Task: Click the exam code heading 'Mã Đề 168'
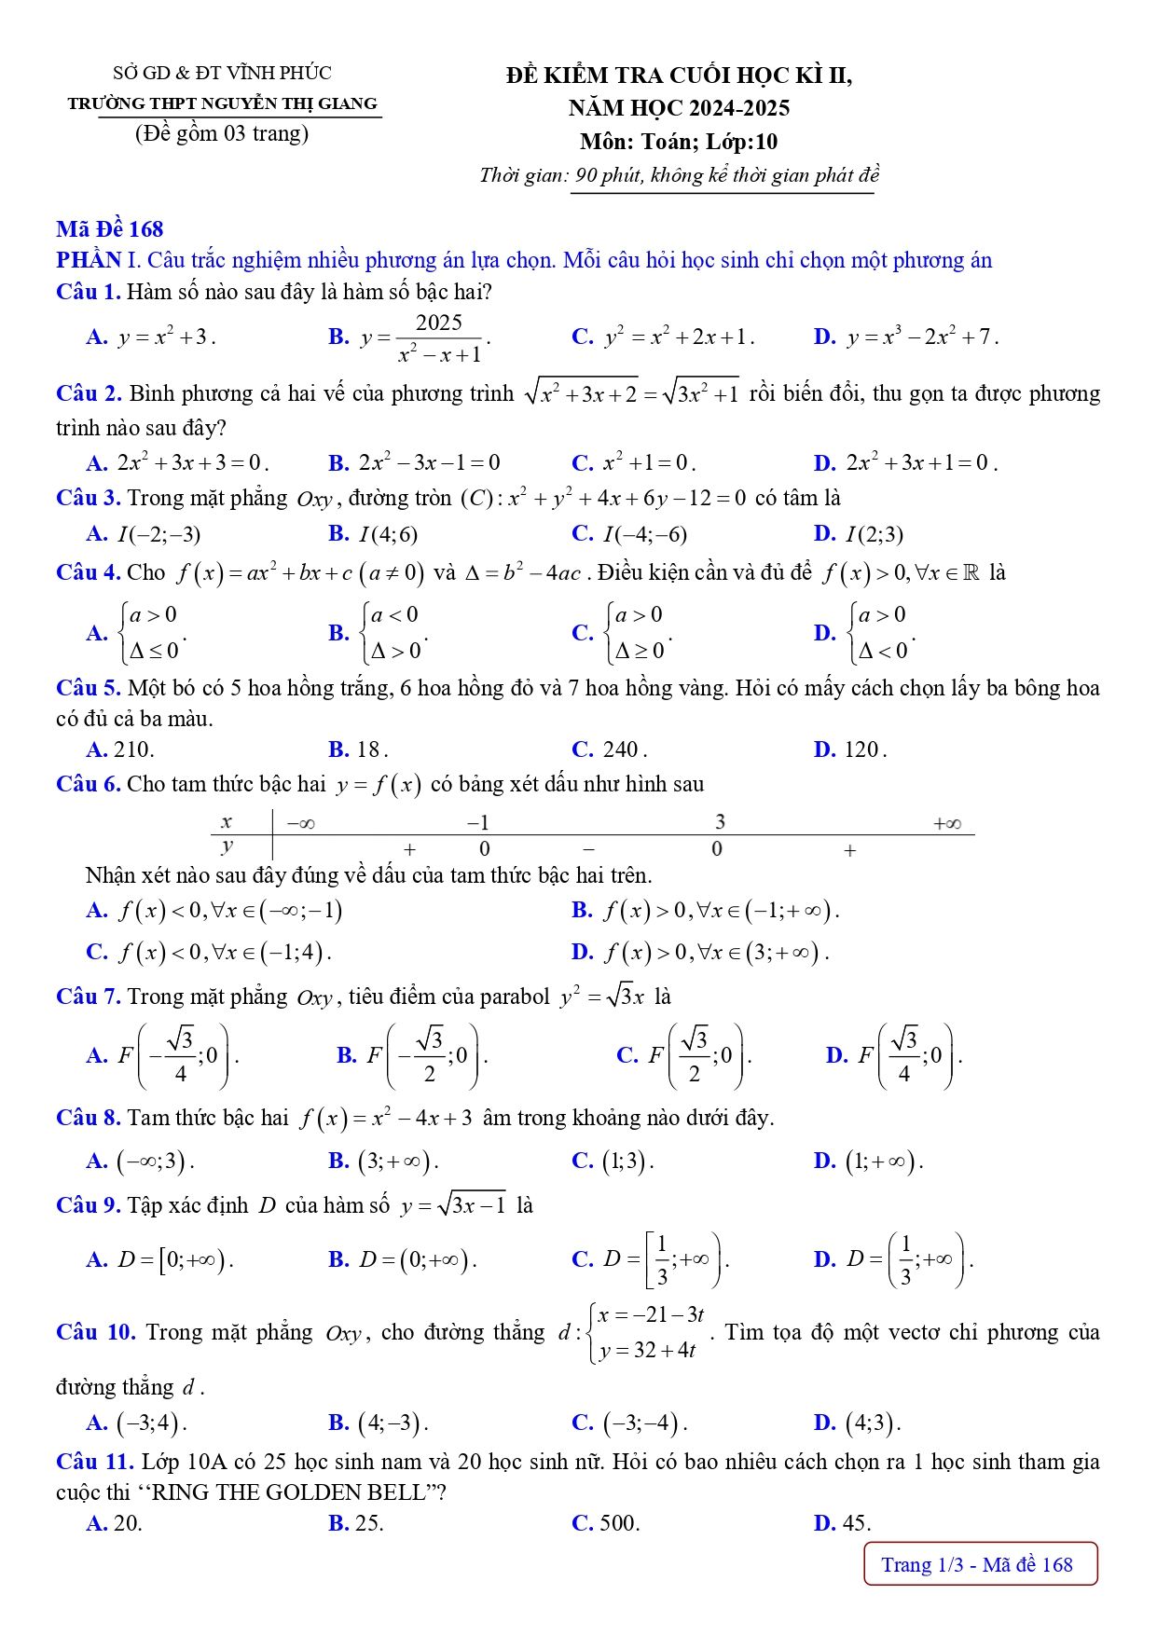(109, 229)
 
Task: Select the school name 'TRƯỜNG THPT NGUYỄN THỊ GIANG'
(222, 103)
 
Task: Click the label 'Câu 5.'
(88, 688)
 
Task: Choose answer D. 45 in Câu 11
(842, 1523)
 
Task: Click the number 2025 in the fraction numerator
(438, 323)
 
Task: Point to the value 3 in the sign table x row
(720, 821)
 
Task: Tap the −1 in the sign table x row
(477, 822)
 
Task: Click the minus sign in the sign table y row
(588, 849)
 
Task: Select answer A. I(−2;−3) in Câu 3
(144, 534)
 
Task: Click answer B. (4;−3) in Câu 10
(379, 1423)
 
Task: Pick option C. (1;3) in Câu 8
(613, 1161)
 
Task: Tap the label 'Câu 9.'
(88, 1205)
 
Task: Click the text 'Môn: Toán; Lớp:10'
(678, 142)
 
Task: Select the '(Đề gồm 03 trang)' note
(222, 133)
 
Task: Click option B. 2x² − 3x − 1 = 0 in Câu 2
(415, 462)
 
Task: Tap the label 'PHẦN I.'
(89, 260)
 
